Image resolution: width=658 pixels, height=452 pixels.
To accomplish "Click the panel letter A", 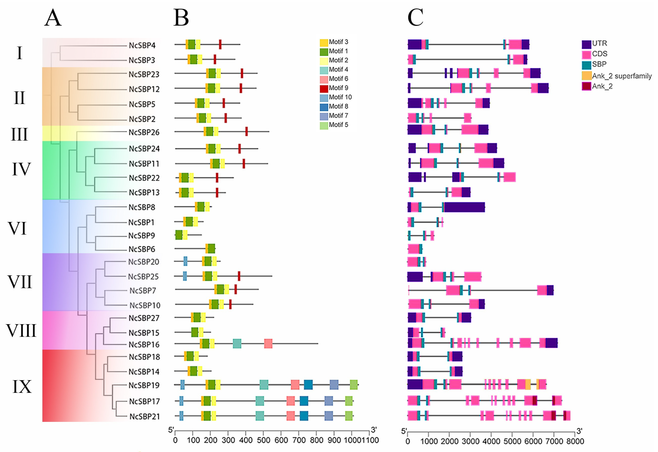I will tap(53, 18).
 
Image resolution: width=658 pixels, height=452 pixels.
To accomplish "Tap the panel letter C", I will tap(415, 18).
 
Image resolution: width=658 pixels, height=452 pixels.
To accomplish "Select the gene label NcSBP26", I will tap(144, 132).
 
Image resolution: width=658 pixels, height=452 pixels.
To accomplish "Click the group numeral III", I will tap(19, 134).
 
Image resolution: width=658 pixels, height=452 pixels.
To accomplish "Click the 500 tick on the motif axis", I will tap(263, 440).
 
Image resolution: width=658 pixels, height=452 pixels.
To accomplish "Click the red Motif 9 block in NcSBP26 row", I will tap(246, 132).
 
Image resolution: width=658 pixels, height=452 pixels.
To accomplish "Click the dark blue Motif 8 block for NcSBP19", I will tap(308, 385).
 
